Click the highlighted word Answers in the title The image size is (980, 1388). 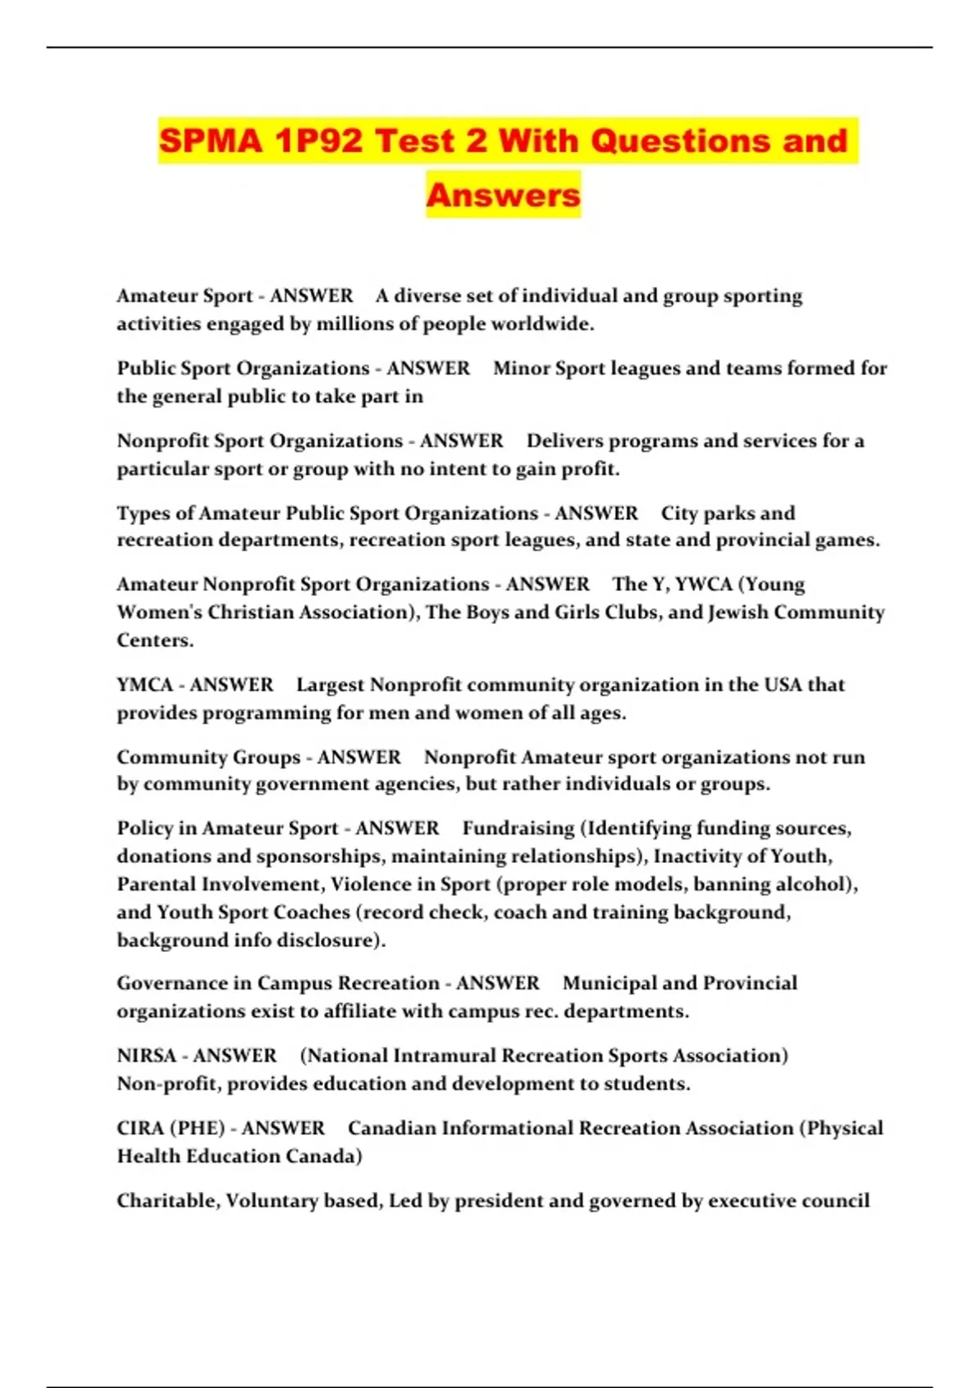[503, 195]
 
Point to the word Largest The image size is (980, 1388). [330, 685]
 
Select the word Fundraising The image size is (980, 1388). [519, 829]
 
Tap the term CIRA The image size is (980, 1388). [142, 1128]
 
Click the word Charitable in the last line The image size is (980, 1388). [167, 1201]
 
